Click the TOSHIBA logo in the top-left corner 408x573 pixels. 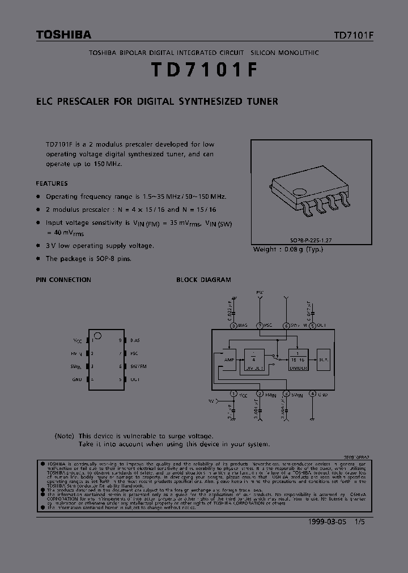click(63, 35)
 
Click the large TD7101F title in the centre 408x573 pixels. click(204, 69)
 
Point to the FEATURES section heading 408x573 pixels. click(52, 183)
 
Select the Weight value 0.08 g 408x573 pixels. click(299, 249)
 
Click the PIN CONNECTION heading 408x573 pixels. click(63, 280)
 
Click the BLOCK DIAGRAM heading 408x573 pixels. click(203, 280)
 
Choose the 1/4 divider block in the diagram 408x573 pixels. click(254, 360)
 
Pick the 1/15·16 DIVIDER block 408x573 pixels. click(298, 360)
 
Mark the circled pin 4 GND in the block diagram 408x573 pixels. click(313, 394)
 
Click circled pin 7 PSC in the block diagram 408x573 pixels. click(260, 326)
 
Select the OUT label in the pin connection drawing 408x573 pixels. click(134, 379)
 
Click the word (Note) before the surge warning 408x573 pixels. click(65, 436)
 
